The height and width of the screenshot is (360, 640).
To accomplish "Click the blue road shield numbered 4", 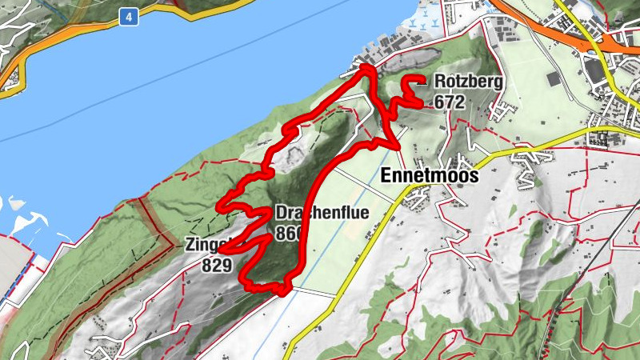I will pos(128,16).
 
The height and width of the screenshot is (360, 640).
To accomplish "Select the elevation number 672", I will pos(449,102).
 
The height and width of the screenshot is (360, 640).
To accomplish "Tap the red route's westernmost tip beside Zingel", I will pos(221,250).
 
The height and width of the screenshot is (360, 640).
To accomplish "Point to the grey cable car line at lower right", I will pos(596,264).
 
